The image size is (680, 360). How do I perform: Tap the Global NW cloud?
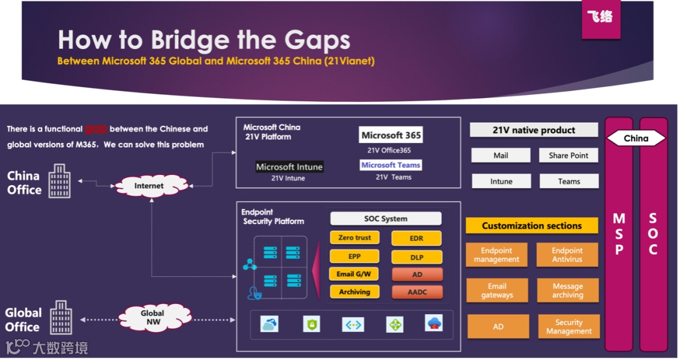(152, 317)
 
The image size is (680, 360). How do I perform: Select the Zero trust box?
(354, 238)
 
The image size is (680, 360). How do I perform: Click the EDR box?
(416, 239)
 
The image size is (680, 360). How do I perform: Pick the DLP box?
(416, 257)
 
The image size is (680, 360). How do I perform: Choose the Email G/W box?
(354, 274)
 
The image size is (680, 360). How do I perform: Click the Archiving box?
(354, 292)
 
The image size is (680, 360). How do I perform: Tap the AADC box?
(416, 292)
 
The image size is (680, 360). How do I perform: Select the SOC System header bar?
(385, 219)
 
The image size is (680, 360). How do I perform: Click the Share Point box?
(568, 155)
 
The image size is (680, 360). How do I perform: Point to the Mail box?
(501, 155)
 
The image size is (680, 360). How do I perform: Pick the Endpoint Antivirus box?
(567, 255)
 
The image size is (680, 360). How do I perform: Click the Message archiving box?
(567, 291)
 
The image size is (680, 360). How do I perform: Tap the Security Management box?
(569, 327)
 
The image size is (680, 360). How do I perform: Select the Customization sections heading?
(531, 226)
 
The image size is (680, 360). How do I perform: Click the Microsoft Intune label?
(289, 167)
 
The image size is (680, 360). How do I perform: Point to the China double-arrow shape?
(636, 138)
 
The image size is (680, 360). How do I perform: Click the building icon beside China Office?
(60, 181)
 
